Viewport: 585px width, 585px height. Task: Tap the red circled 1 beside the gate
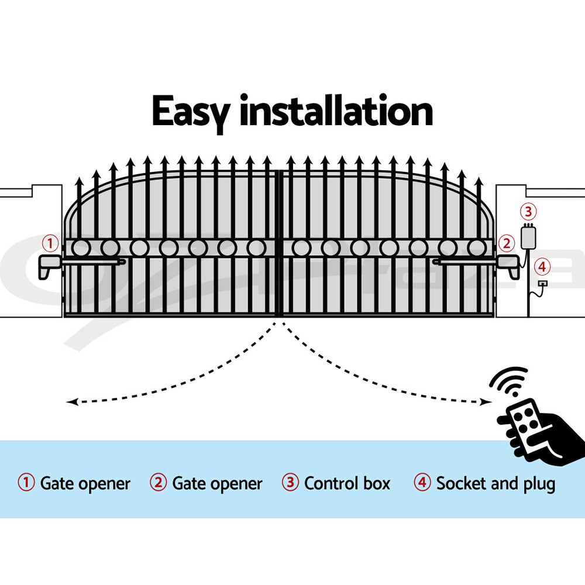tap(51, 242)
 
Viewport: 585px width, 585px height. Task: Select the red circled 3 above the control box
tap(528, 211)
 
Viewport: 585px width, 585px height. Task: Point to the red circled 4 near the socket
tap(543, 267)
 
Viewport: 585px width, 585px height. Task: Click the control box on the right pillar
tap(529, 236)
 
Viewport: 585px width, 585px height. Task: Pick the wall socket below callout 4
tap(543, 284)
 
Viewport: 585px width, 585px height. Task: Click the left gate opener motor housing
tap(50, 266)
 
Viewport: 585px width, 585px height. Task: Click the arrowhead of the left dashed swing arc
tap(71, 401)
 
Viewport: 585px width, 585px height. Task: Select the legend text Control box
tap(347, 484)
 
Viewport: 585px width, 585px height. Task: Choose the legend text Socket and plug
tap(495, 484)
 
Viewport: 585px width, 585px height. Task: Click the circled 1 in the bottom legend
tap(26, 483)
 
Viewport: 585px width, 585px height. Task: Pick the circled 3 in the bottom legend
tap(290, 483)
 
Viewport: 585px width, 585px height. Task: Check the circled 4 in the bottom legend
tap(422, 483)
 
